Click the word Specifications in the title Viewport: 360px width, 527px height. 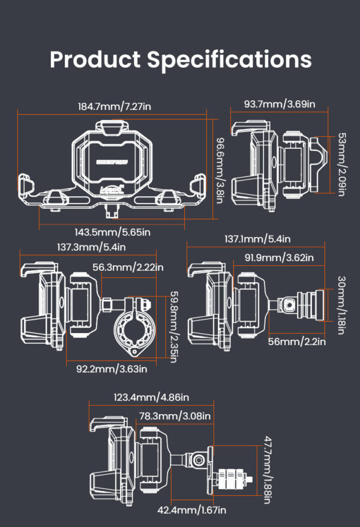coord(229,60)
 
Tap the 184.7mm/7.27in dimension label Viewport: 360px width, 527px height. coord(114,106)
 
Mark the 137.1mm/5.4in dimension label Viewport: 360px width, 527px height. coord(257,238)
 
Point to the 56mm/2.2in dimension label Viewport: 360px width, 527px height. coord(296,342)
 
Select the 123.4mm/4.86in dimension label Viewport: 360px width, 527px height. coord(151,397)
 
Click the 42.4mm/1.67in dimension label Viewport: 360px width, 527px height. coord(191,510)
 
